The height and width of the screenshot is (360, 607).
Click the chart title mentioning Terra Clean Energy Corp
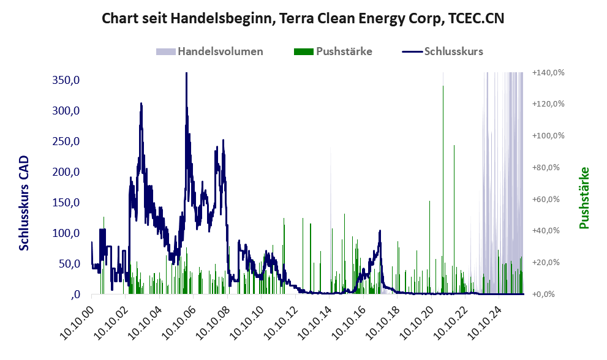[303, 18]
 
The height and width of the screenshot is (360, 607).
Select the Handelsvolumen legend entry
[220, 51]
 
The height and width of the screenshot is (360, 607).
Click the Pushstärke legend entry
[344, 51]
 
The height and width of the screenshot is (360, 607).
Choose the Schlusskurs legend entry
[453, 51]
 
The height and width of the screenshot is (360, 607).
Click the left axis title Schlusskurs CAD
[25, 203]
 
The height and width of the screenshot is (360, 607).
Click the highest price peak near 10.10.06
[186, 73]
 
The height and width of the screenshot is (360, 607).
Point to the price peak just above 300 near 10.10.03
[141, 104]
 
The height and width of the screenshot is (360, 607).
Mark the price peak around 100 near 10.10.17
[380, 231]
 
